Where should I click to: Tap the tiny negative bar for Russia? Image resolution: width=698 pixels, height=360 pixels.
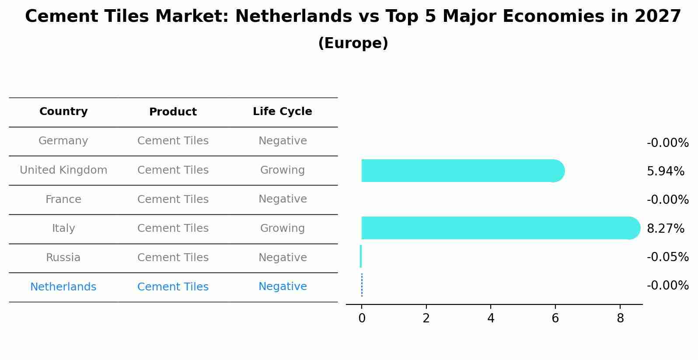pyautogui.click(x=361, y=256)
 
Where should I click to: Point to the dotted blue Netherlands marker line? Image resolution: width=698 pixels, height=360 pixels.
pyautogui.click(x=362, y=285)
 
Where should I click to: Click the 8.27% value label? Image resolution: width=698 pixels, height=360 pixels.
pyautogui.click(x=665, y=228)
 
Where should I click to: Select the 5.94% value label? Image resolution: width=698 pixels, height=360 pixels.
pyautogui.click(x=665, y=171)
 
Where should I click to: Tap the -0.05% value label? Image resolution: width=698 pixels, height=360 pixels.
pyautogui.click(x=667, y=257)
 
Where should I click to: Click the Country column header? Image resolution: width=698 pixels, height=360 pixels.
pyautogui.click(x=63, y=112)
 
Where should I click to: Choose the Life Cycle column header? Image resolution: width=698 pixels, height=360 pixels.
pyautogui.click(x=282, y=112)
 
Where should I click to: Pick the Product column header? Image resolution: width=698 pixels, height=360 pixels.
pyautogui.click(x=173, y=112)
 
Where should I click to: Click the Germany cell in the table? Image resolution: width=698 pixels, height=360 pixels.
pyautogui.click(x=63, y=141)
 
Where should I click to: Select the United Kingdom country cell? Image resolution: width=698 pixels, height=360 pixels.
pyautogui.click(x=63, y=170)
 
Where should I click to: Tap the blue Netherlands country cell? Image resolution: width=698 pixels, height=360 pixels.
pyautogui.click(x=63, y=287)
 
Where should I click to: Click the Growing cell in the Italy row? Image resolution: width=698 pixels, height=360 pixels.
pyautogui.click(x=282, y=228)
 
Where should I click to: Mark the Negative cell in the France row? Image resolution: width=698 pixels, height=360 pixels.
pyautogui.click(x=282, y=199)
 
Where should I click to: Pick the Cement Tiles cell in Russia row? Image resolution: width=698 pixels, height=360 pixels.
pyautogui.click(x=173, y=258)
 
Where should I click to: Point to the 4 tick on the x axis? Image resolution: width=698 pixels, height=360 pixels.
pyautogui.click(x=491, y=318)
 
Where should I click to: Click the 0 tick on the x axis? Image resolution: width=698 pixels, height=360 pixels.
pyautogui.click(x=362, y=318)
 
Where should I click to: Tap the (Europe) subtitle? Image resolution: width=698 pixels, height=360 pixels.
pyautogui.click(x=353, y=43)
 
